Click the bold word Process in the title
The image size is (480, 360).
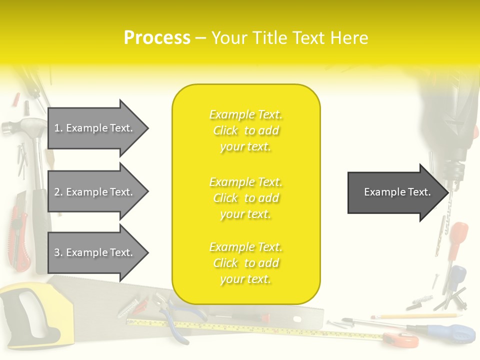157,38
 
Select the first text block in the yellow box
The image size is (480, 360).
246,130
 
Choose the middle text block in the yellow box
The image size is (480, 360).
246,198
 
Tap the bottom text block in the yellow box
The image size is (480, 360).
246,263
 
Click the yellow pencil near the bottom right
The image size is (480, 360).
415,316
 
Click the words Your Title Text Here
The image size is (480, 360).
289,38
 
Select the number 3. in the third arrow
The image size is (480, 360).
58,252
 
